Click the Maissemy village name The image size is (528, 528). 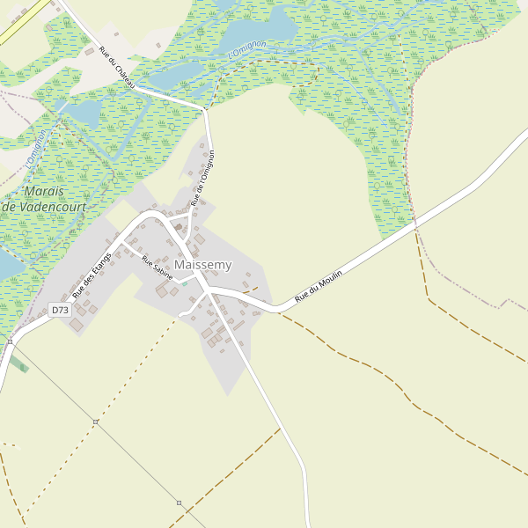tap(203, 264)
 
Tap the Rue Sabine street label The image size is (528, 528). tap(158, 269)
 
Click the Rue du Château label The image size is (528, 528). tap(117, 67)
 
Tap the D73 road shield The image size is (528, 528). tap(59, 310)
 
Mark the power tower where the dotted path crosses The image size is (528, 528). tap(95, 422)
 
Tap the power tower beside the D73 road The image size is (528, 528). tap(10, 341)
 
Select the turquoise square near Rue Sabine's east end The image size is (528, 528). tap(185, 284)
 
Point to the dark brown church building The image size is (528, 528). tap(179, 228)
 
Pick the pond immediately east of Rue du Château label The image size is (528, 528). tap(177, 74)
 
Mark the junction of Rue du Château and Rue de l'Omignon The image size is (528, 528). tap(204, 108)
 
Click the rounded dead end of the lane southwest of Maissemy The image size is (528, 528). tap(180, 314)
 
